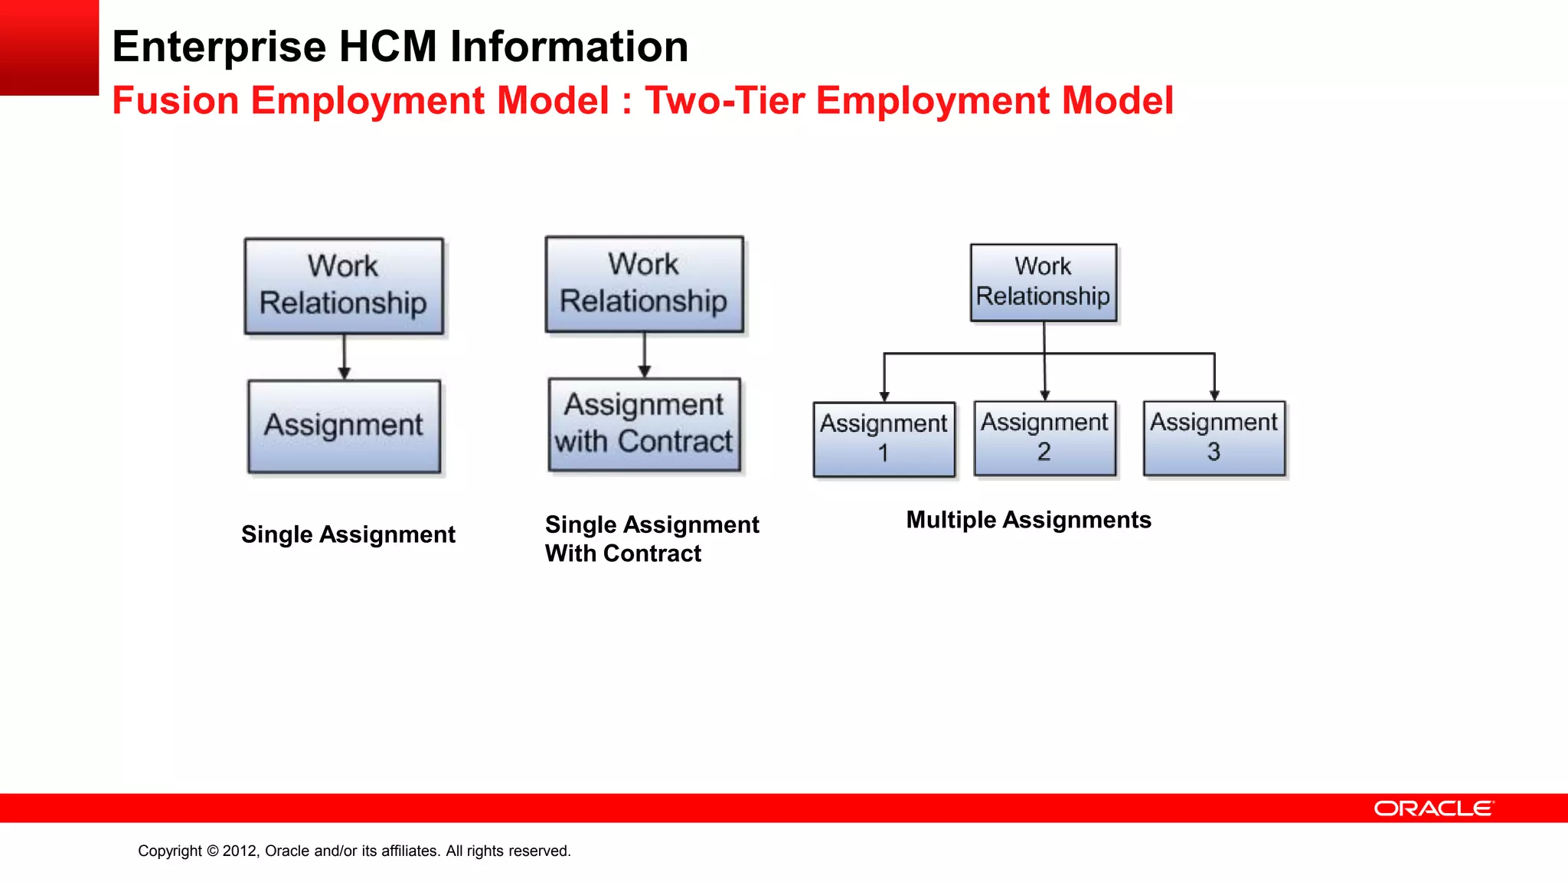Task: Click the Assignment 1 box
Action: point(884,439)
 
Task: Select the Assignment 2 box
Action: point(1045,438)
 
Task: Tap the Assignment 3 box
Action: point(1214,438)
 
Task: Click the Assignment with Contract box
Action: point(645,424)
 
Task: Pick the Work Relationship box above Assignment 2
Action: point(1044,283)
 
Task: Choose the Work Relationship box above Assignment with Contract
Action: point(645,284)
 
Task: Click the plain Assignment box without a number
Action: point(345,426)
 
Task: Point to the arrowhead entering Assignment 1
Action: point(884,396)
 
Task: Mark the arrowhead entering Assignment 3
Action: point(1214,395)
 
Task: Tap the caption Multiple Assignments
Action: point(1028,520)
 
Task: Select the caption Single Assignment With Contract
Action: point(652,539)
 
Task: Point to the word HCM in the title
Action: point(387,47)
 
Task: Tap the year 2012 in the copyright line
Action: point(240,851)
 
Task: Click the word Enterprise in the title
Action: point(219,47)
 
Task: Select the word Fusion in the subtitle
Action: point(175,100)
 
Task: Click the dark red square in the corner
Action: point(49,47)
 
